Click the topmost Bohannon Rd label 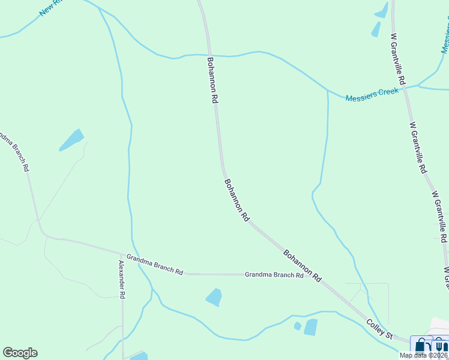[212, 81]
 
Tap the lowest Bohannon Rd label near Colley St [303, 266]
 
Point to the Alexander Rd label [122, 280]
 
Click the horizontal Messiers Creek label [372, 94]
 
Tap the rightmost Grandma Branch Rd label [274, 275]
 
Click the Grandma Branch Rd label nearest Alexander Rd [154, 264]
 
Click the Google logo [20, 353]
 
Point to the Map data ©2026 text [424, 355]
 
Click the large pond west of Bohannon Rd [71, 140]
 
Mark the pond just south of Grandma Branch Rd [214, 297]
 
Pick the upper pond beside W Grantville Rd [382, 10]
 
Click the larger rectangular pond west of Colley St [310, 327]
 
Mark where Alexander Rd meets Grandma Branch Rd [122, 254]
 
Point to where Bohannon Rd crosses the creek [209, 56]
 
